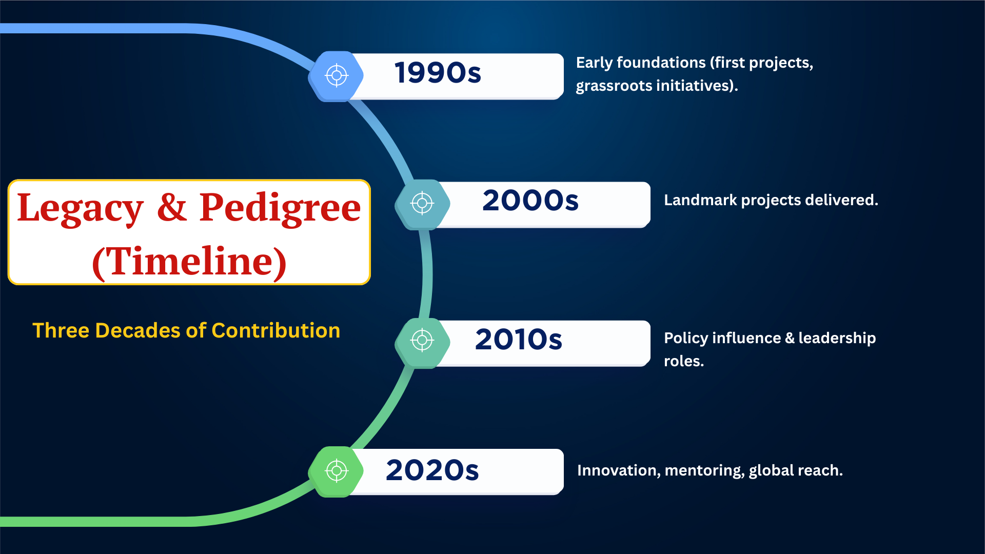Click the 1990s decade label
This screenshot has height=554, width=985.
(x=438, y=72)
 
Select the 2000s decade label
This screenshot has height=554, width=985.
(x=530, y=200)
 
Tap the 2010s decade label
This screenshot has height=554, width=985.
(x=519, y=339)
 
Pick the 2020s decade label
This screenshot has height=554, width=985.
(x=432, y=470)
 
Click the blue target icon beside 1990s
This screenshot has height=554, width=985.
(x=337, y=76)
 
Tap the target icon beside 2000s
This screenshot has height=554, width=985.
(x=422, y=204)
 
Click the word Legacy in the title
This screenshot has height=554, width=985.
(x=80, y=209)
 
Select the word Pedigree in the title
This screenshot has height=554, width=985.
(x=280, y=209)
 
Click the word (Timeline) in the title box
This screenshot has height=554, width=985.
(x=189, y=262)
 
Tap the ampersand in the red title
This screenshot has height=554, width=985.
(x=171, y=207)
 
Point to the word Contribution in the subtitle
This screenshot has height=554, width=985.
(x=276, y=330)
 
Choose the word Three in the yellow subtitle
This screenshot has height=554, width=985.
(x=61, y=330)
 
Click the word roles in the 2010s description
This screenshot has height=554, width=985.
(x=684, y=361)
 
